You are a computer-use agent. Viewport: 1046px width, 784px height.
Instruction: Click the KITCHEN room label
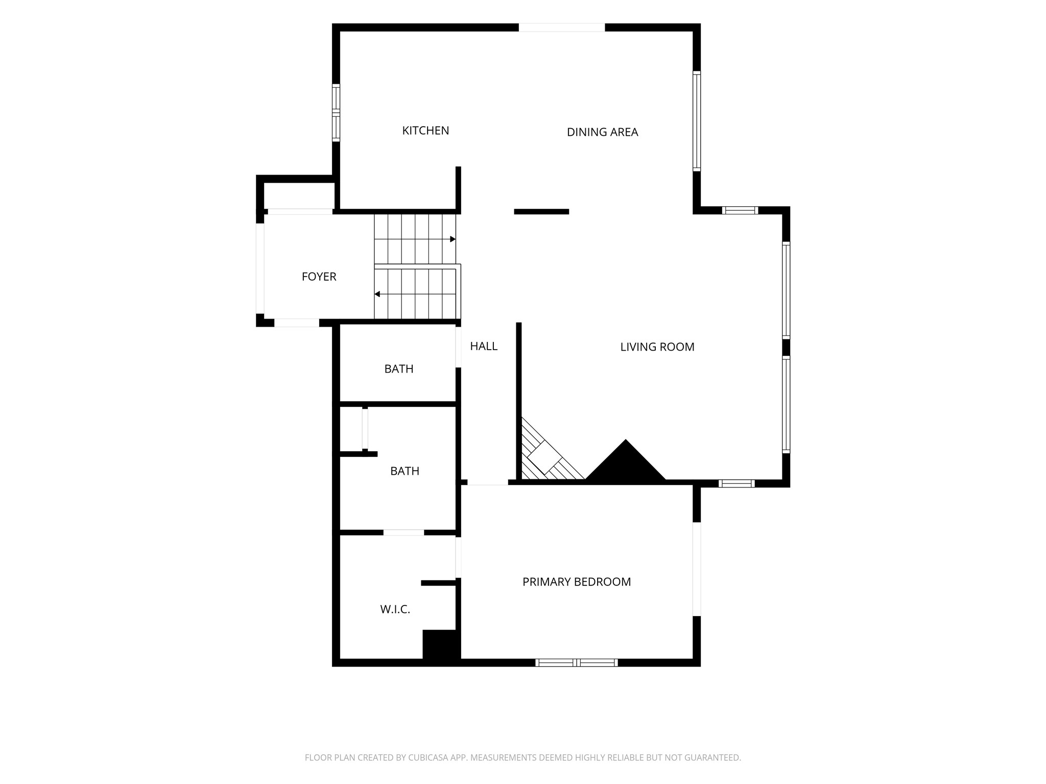(425, 131)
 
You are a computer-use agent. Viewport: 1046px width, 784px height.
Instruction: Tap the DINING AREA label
(602, 132)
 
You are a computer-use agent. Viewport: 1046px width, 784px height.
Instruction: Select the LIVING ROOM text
(657, 347)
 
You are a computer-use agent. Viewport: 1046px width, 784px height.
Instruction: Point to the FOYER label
(319, 277)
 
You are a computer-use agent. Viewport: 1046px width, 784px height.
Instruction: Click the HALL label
(484, 346)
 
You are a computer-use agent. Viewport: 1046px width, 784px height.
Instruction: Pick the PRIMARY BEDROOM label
(577, 582)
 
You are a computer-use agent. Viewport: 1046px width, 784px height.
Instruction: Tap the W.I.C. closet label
(395, 609)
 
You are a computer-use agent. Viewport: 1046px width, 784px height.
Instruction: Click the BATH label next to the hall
(399, 369)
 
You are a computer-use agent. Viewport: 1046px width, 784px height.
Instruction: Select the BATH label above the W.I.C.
(405, 471)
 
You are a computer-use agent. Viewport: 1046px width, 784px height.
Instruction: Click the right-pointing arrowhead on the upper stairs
(453, 239)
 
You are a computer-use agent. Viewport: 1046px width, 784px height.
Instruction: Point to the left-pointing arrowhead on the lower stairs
(377, 294)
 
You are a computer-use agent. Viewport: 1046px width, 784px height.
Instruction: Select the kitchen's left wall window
(336, 112)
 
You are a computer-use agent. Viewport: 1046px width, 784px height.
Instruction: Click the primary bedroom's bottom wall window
(577, 663)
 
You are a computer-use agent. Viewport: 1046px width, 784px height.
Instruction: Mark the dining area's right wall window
(697, 121)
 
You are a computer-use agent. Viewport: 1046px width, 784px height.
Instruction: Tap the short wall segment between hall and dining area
(541, 211)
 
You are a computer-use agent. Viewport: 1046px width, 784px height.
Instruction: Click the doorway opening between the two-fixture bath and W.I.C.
(403, 532)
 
